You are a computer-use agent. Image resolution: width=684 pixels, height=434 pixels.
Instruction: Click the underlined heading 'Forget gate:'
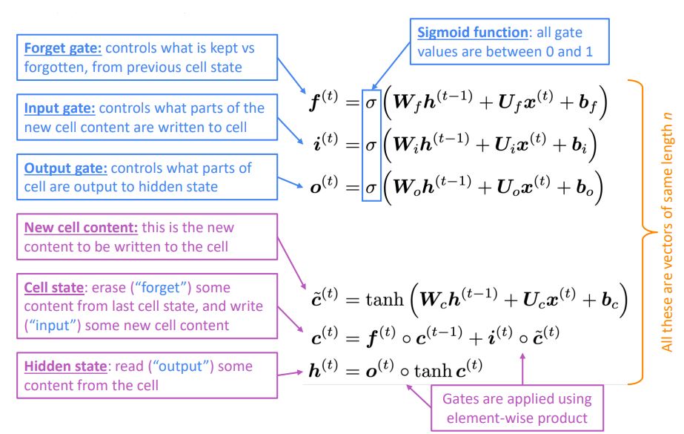[63, 48]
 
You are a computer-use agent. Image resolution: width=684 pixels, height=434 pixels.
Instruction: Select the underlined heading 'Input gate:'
[60, 108]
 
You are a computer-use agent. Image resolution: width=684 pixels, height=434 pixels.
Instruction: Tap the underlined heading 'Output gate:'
[65, 168]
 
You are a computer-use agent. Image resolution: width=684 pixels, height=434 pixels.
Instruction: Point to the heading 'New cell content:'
[81, 228]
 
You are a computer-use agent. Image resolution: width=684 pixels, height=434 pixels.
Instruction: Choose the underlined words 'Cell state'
[53, 287]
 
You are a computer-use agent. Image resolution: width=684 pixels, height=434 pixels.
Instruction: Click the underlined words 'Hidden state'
[65, 366]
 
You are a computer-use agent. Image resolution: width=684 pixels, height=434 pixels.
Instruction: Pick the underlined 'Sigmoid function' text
[473, 33]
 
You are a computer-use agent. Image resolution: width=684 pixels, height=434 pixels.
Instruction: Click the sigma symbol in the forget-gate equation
[371, 104]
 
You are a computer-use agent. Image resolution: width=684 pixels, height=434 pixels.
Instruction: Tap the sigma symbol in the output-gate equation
[371, 188]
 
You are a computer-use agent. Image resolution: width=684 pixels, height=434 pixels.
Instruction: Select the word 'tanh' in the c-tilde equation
[385, 300]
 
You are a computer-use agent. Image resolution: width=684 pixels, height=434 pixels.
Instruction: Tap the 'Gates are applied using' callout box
[517, 408]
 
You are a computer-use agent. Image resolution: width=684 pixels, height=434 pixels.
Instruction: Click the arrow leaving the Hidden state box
[290, 374]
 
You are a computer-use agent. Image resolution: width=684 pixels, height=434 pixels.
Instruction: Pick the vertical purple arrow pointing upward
[522, 369]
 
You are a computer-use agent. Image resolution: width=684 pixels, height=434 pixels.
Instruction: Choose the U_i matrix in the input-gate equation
[505, 145]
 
